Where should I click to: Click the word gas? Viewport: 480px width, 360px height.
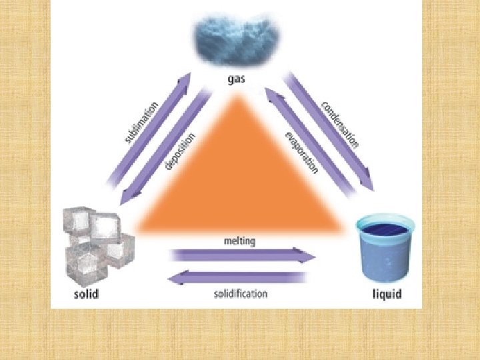tap(236, 79)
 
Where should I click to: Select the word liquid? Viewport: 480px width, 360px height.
tap(387, 294)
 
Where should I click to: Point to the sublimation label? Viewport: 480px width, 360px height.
tap(141, 122)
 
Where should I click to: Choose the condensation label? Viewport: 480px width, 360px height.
tap(340, 124)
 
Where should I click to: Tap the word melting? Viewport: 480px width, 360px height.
tap(240, 241)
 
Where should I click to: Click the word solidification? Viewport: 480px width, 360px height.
tap(241, 293)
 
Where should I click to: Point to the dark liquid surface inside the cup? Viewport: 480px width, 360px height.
tap(383, 230)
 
